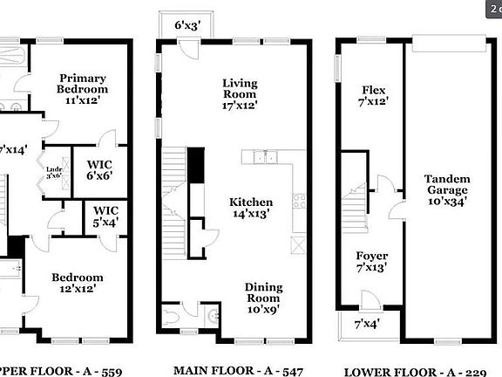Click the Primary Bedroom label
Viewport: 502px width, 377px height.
pos(83,83)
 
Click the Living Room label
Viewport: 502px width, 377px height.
pos(238,95)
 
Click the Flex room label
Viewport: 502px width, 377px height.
pos(374,95)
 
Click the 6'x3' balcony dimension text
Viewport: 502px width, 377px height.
pos(187,25)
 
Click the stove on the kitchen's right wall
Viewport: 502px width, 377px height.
pos(300,202)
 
